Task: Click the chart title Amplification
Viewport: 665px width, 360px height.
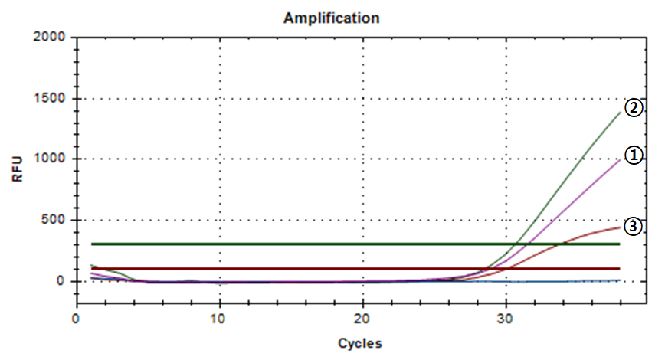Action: tap(332, 18)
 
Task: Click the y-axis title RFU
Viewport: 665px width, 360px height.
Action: tap(18, 169)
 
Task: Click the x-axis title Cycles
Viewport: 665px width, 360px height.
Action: tap(359, 343)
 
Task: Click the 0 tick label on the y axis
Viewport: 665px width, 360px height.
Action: tap(62, 281)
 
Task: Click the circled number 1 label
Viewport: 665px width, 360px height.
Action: tap(633, 155)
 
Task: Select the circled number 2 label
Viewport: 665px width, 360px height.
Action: tap(633, 108)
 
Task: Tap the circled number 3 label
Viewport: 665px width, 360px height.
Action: tap(633, 226)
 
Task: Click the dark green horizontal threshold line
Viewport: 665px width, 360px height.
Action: tap(306, 244)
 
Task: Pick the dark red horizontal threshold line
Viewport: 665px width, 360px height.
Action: tap(306, 268)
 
